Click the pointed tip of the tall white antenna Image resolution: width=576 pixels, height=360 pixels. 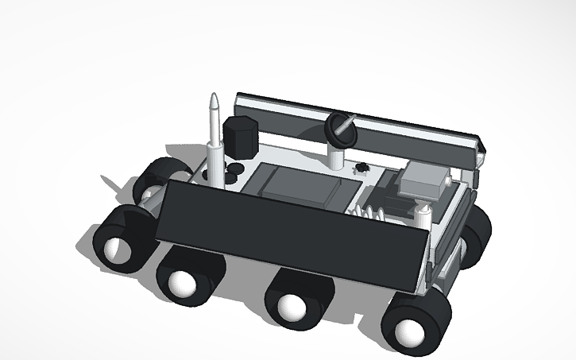pos(213,99)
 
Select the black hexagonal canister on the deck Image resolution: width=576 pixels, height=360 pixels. pos(241,137)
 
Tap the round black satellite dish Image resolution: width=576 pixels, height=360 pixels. pos(341,128)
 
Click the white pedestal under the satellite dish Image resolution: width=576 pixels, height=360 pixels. pos(337,157)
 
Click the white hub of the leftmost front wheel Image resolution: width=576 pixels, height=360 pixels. pos(116,249)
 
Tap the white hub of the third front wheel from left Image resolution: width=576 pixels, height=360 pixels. pos(292,308)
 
